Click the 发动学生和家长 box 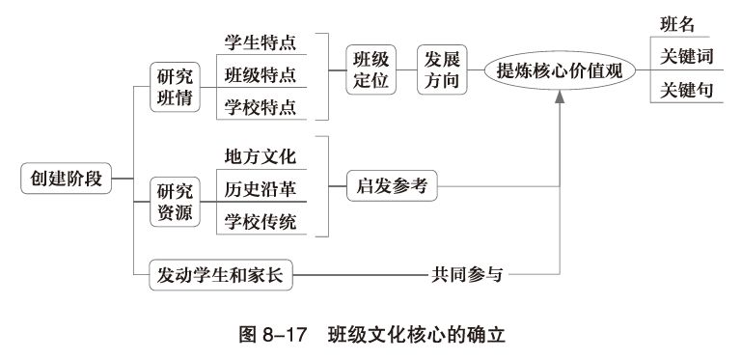coord(221,275)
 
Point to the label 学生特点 coord(261,43)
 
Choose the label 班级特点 coord(261,74)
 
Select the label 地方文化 coord(261,156)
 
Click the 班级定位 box coord(371,69)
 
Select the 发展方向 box coord(443,69)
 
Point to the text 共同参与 coord(466,275)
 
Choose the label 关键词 coord(686,56)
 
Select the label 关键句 coord(686,90)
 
